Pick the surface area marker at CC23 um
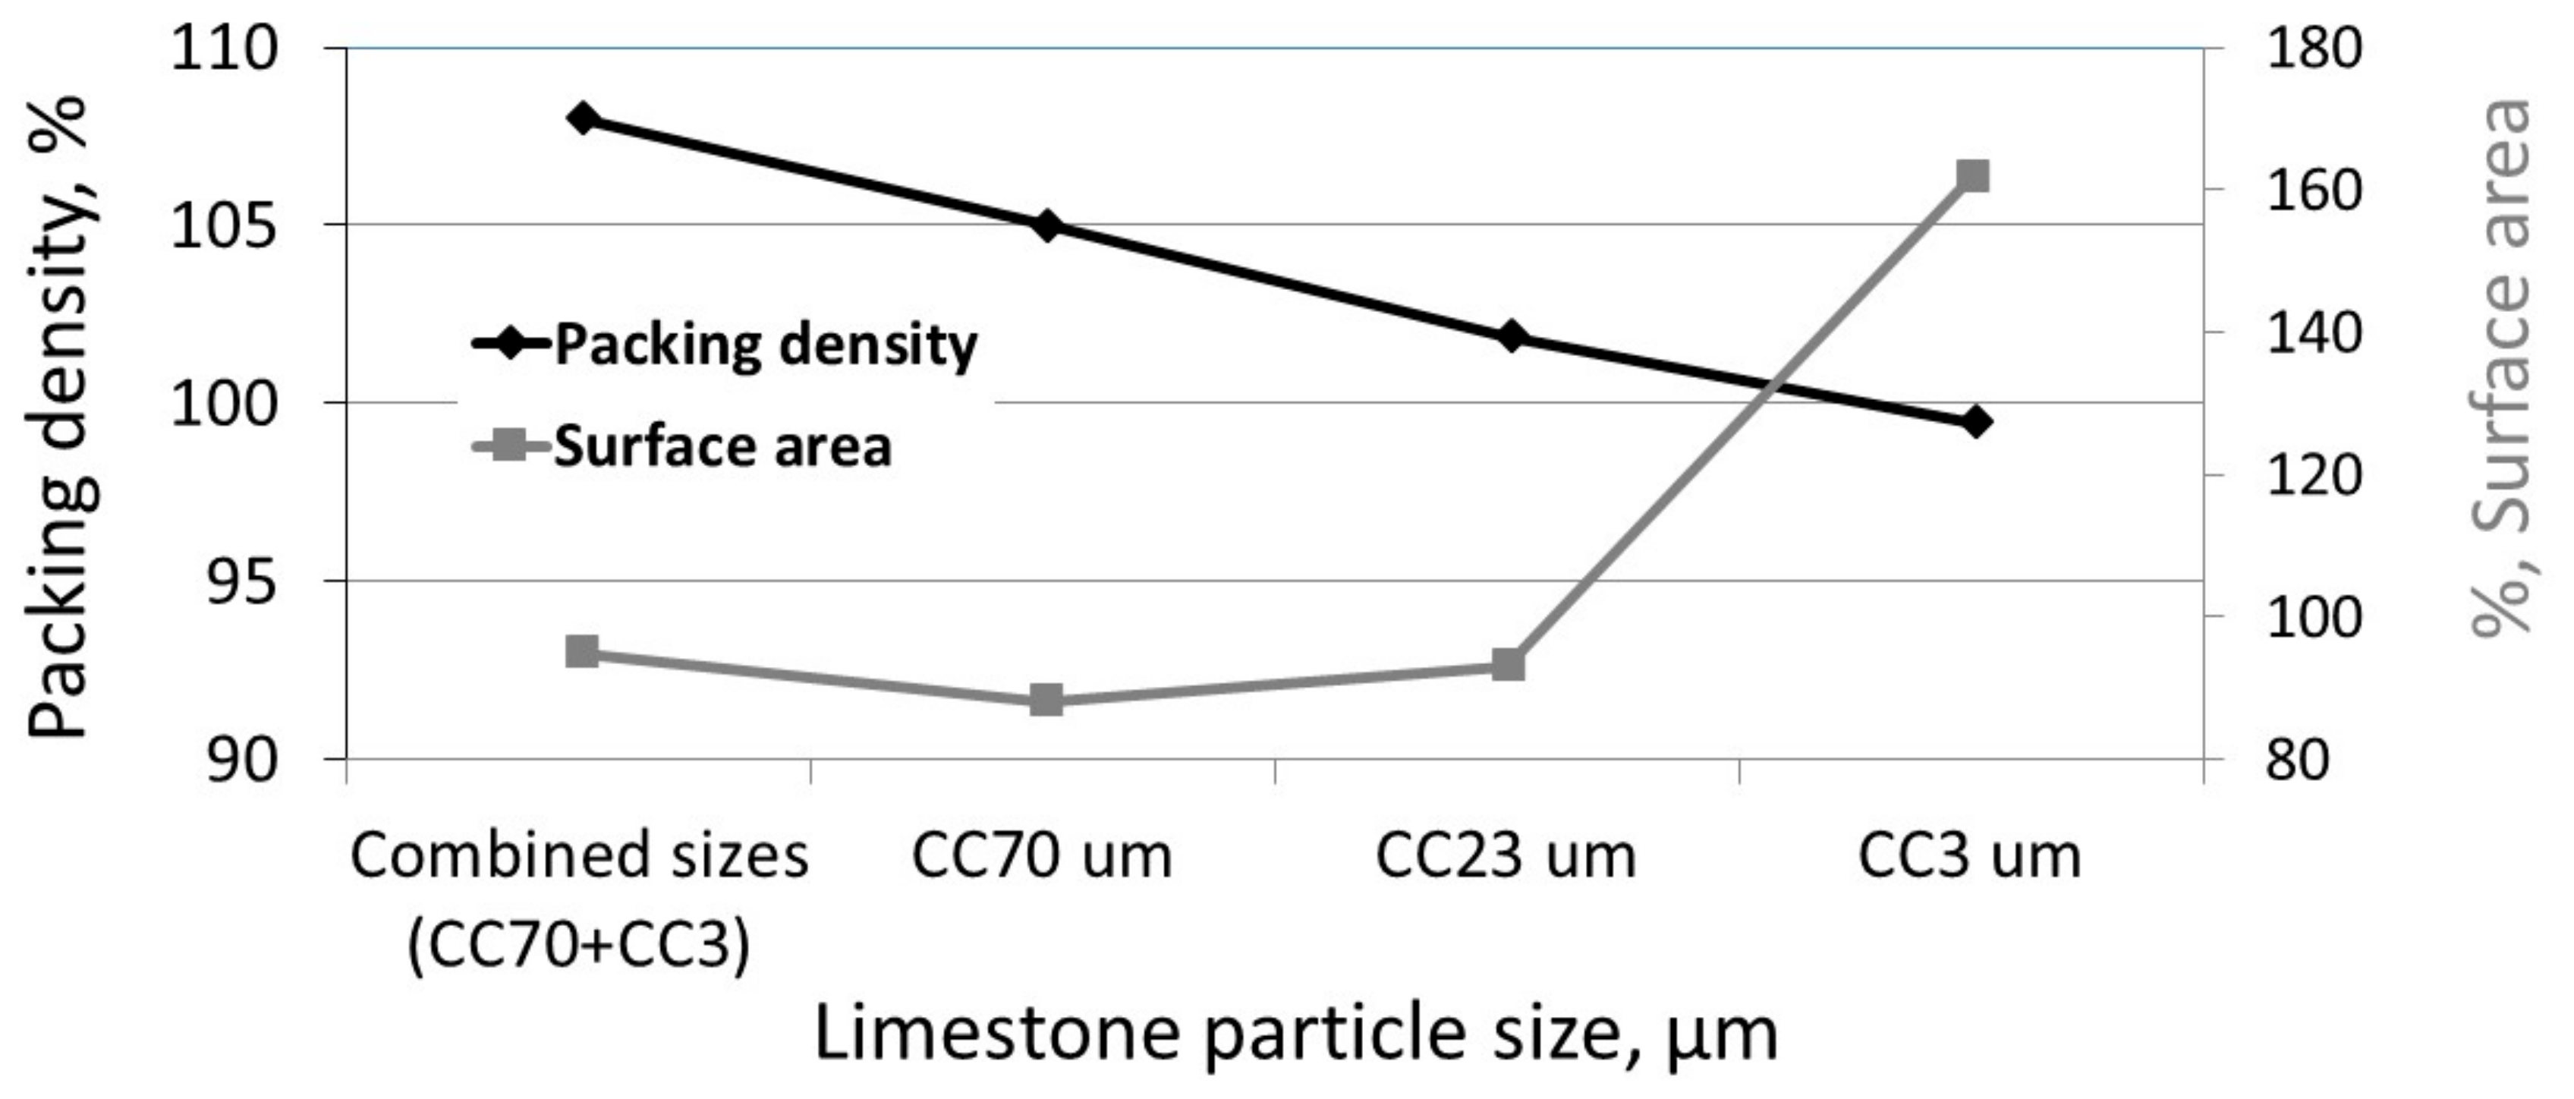click(x=1509, y=664)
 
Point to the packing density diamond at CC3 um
click(x=1975, y=422)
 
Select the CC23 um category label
click(x=1506, y=857)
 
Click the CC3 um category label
click(x=1969, y=857)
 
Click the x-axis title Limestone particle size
click(x=1296, y=1034)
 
